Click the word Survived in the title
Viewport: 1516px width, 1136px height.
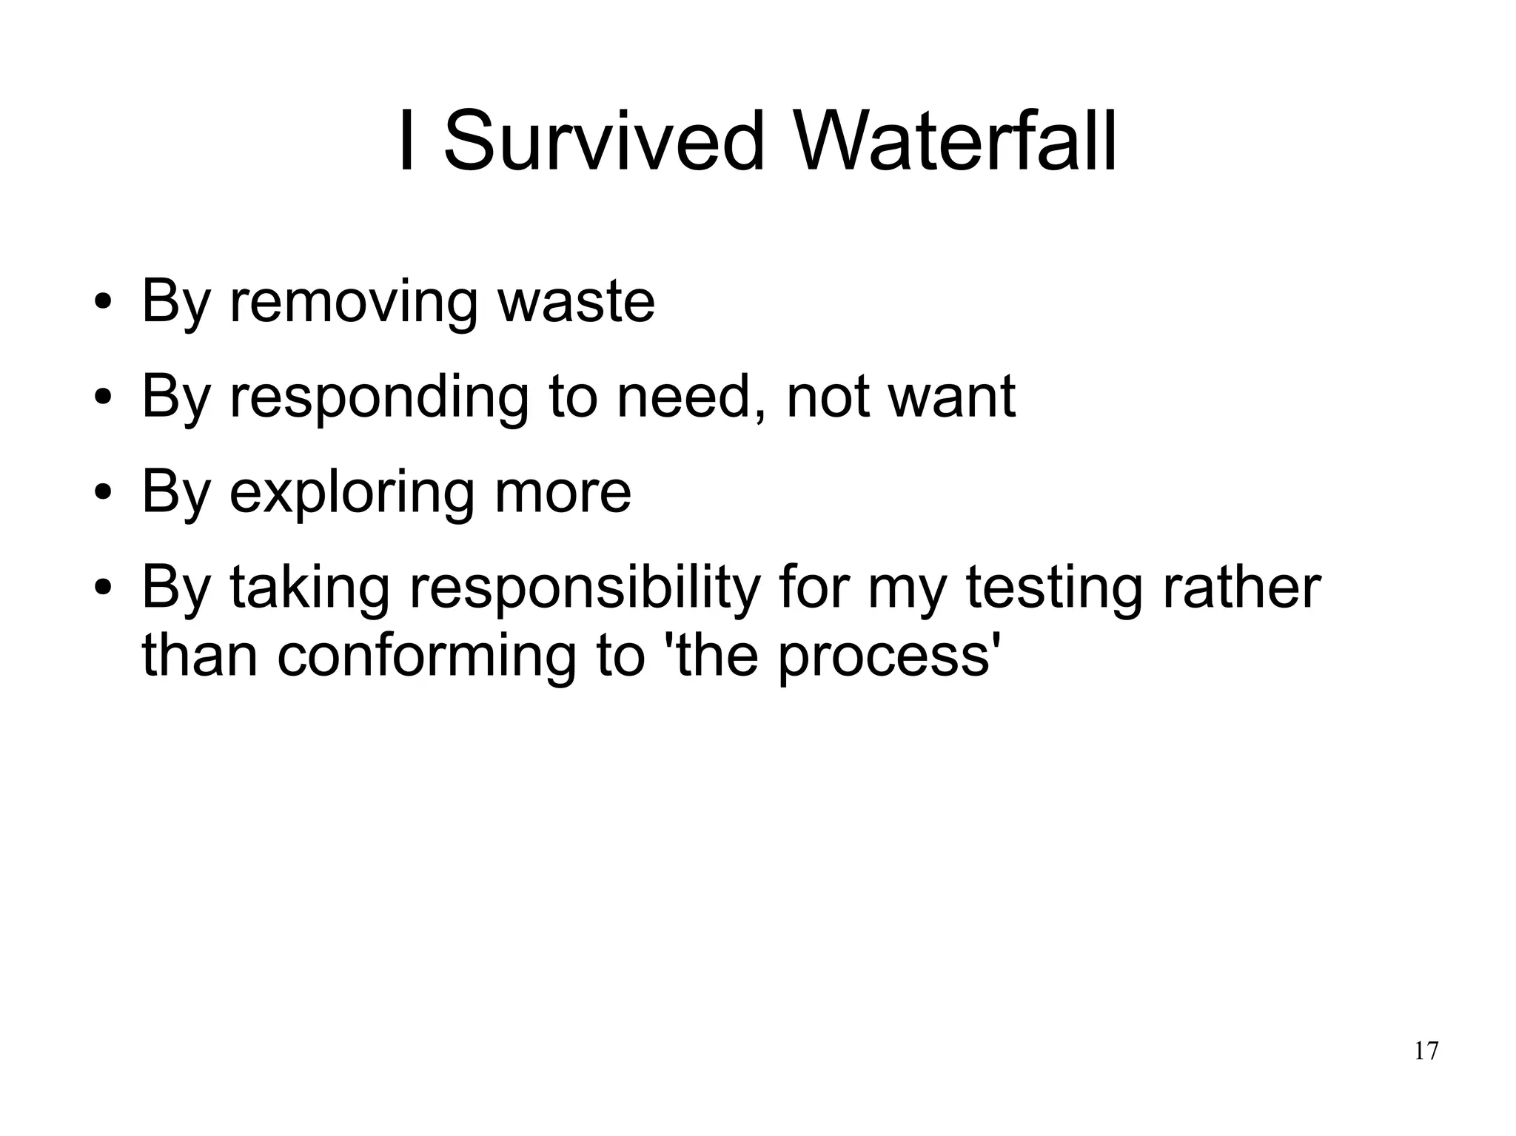[603, 141]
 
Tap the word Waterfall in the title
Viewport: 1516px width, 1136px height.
[955, 141]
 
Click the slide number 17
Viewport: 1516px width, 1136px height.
[1426, 1051]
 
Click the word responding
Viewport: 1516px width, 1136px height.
[379, 397]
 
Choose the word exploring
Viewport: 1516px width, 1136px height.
[352, 492]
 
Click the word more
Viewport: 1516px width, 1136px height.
[563, 492]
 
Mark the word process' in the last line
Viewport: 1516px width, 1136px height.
[885, 657]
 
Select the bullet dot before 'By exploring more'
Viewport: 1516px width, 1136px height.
[104, 494]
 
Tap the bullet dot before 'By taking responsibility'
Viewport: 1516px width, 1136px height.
[104, 589]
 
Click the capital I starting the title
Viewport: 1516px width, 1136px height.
[405, 141]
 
